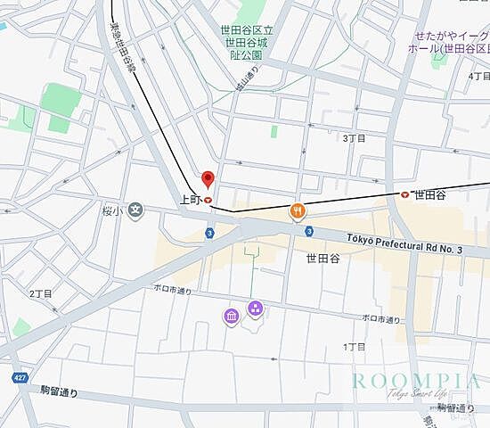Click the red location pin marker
pos(208,178)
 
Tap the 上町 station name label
pos(190,201)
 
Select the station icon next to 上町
pos(208,201)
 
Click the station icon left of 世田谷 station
pos(405,193)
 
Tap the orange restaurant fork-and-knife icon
pos(298,211)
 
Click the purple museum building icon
pos(231,316)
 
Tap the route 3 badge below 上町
pos(208,233)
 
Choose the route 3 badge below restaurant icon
pos(308,231)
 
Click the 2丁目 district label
pos(41,293)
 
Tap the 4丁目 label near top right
pos(478,76)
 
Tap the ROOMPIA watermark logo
pos(416,383)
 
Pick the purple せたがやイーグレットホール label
pos(451,42)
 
